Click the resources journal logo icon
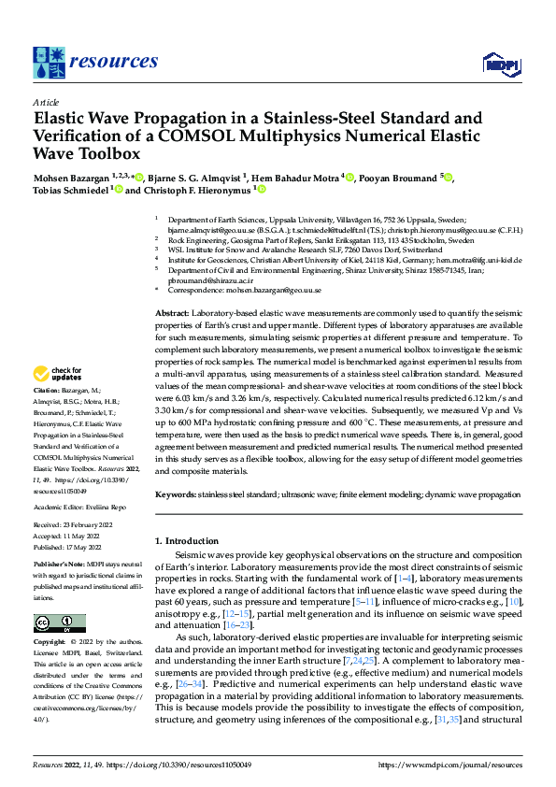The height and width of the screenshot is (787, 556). [49, 62]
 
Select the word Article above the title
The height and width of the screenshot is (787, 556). [46, 102]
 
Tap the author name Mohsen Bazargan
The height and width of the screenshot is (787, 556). [72, 177]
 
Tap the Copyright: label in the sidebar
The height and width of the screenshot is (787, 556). [51, 642]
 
